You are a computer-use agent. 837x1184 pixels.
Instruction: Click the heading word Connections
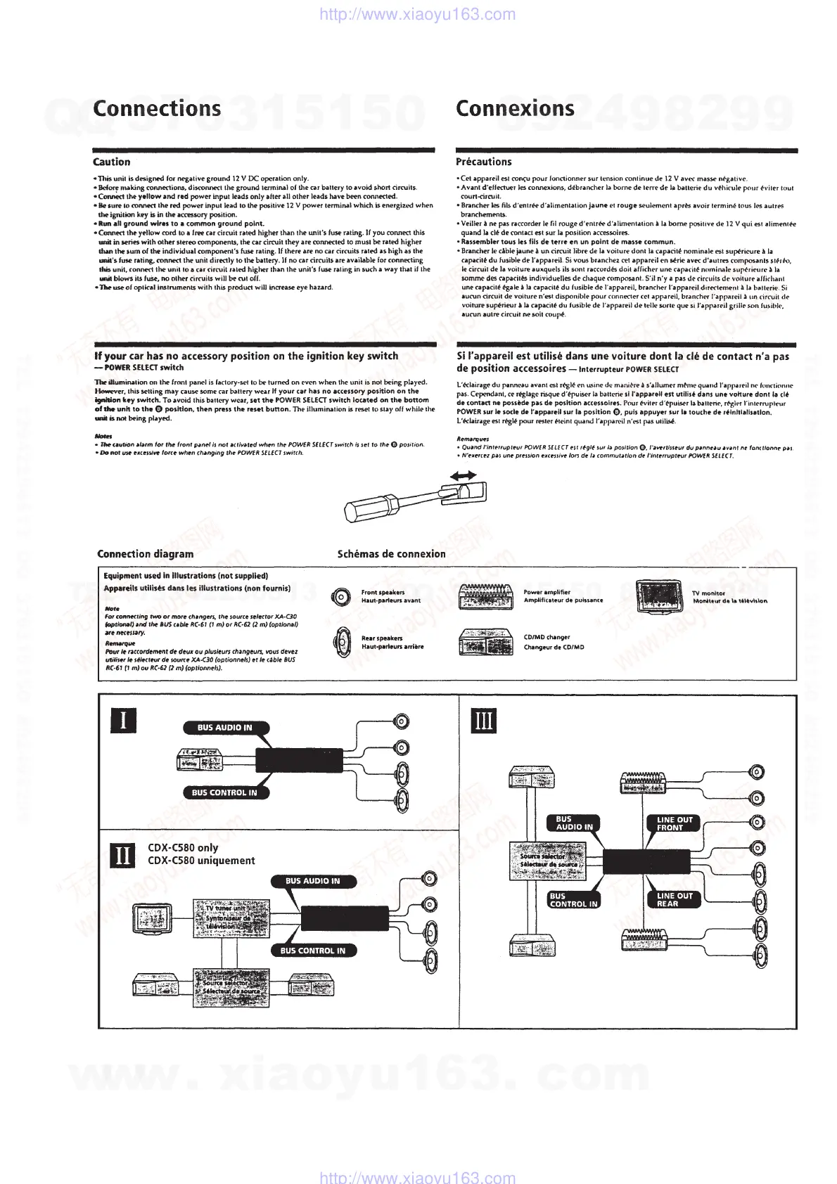157,108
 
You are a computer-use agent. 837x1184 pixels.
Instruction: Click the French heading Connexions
515,108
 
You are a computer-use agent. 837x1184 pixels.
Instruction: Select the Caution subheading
112,162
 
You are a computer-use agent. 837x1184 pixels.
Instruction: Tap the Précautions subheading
484,162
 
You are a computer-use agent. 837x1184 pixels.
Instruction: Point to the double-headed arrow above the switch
464,476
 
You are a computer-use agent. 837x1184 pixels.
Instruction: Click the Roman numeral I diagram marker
124,721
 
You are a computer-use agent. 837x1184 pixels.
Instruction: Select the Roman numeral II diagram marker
124,855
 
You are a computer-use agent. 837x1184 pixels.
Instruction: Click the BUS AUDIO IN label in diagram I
224,728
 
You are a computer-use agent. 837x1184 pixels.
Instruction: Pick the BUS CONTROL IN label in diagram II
312,951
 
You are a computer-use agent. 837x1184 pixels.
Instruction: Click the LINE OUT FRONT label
674,823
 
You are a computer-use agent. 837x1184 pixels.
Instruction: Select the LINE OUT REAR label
674,900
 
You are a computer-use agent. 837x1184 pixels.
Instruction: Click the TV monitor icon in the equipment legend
659,597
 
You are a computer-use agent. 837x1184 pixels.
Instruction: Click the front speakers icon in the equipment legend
342,597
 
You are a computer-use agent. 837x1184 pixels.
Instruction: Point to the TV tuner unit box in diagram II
231,918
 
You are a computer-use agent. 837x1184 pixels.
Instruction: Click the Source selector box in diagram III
547,860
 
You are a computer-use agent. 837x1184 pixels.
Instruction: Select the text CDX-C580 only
183,848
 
